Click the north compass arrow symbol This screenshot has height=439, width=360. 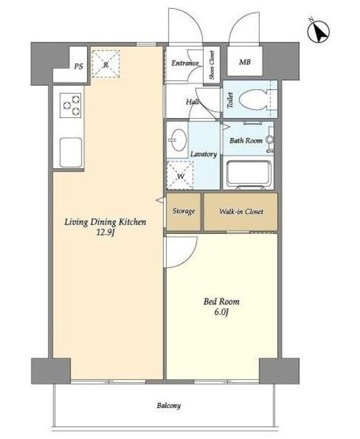pyautogui.click(x=319, y=31)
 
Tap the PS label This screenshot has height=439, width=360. pyautogui.click(x=79, y=67)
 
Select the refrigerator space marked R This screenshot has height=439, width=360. pyautogui.click(x=106, y=64)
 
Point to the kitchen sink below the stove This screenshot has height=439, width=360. pyautogui.click(x=71, y=152)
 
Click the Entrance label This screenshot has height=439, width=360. pyautogui.click(x=185, y=63)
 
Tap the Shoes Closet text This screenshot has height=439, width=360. pyautogui.click(x=212, y=65)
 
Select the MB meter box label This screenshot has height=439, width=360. pyautogui.click(x=245, y=62)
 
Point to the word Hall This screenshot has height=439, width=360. pyautogui.click(x=193, y=102)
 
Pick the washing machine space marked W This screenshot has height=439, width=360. pyautogui.click(x=180, y=175)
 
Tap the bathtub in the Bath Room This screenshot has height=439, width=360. pyautogui.click(x=248, y=174)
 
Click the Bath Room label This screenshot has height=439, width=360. pyautogui.click(x=246, y=140)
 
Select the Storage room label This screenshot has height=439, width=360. pyautogui.click(x=184, y=211)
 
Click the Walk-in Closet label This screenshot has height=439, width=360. pyautogui.click(x=241, y=211)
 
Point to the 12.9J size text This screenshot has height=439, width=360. pyautogui.click(x=105, y=233)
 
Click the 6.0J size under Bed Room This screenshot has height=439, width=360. pyautogui.click(x=221, y=312)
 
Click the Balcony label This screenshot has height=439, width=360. pyautogui.click(x=169, y=405)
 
